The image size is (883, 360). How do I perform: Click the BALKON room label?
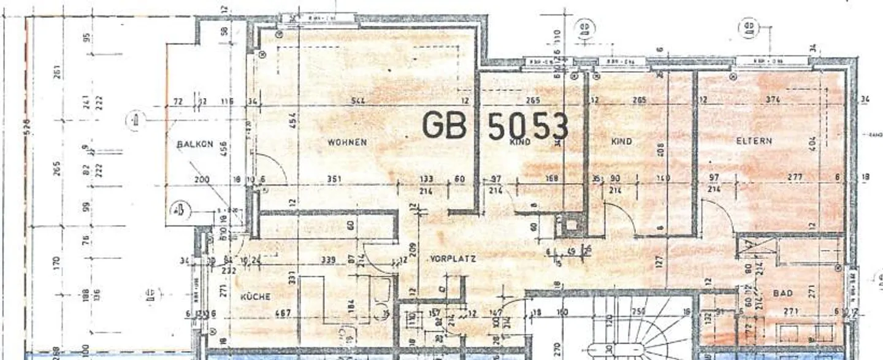click(x=195, y=144)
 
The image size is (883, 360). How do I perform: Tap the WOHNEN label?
click(x=347, y=142)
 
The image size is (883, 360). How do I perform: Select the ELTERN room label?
click(x=754, y=140)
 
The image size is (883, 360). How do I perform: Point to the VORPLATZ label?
click(x=454, y=259)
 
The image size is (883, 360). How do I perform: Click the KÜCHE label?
click(x=255, y=296)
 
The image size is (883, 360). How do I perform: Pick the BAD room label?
click(x=783, y=294)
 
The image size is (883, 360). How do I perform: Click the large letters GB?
click(x=445, y=125)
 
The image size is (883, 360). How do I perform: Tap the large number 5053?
click(x=527, y=126)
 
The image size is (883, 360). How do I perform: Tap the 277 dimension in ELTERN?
click(x=796, y=178)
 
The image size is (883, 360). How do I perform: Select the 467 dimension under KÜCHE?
click(x=282, y=313)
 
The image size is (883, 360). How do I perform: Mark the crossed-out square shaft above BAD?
click(x=749, y=248)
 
